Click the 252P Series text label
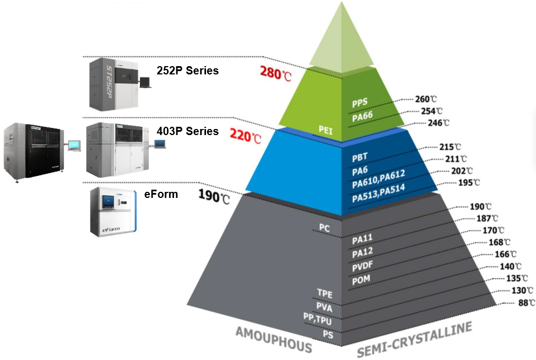[x=187, y=71]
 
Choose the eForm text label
[x=161, y=194]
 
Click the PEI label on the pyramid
[x=326, y=129]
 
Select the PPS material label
[x=360, y=103]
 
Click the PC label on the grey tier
[x=324, y=227]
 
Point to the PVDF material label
[x=364, y=267]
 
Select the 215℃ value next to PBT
[x=449, y=147]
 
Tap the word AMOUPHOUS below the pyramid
[x=274, y=339]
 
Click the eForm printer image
[x=112, y=212]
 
